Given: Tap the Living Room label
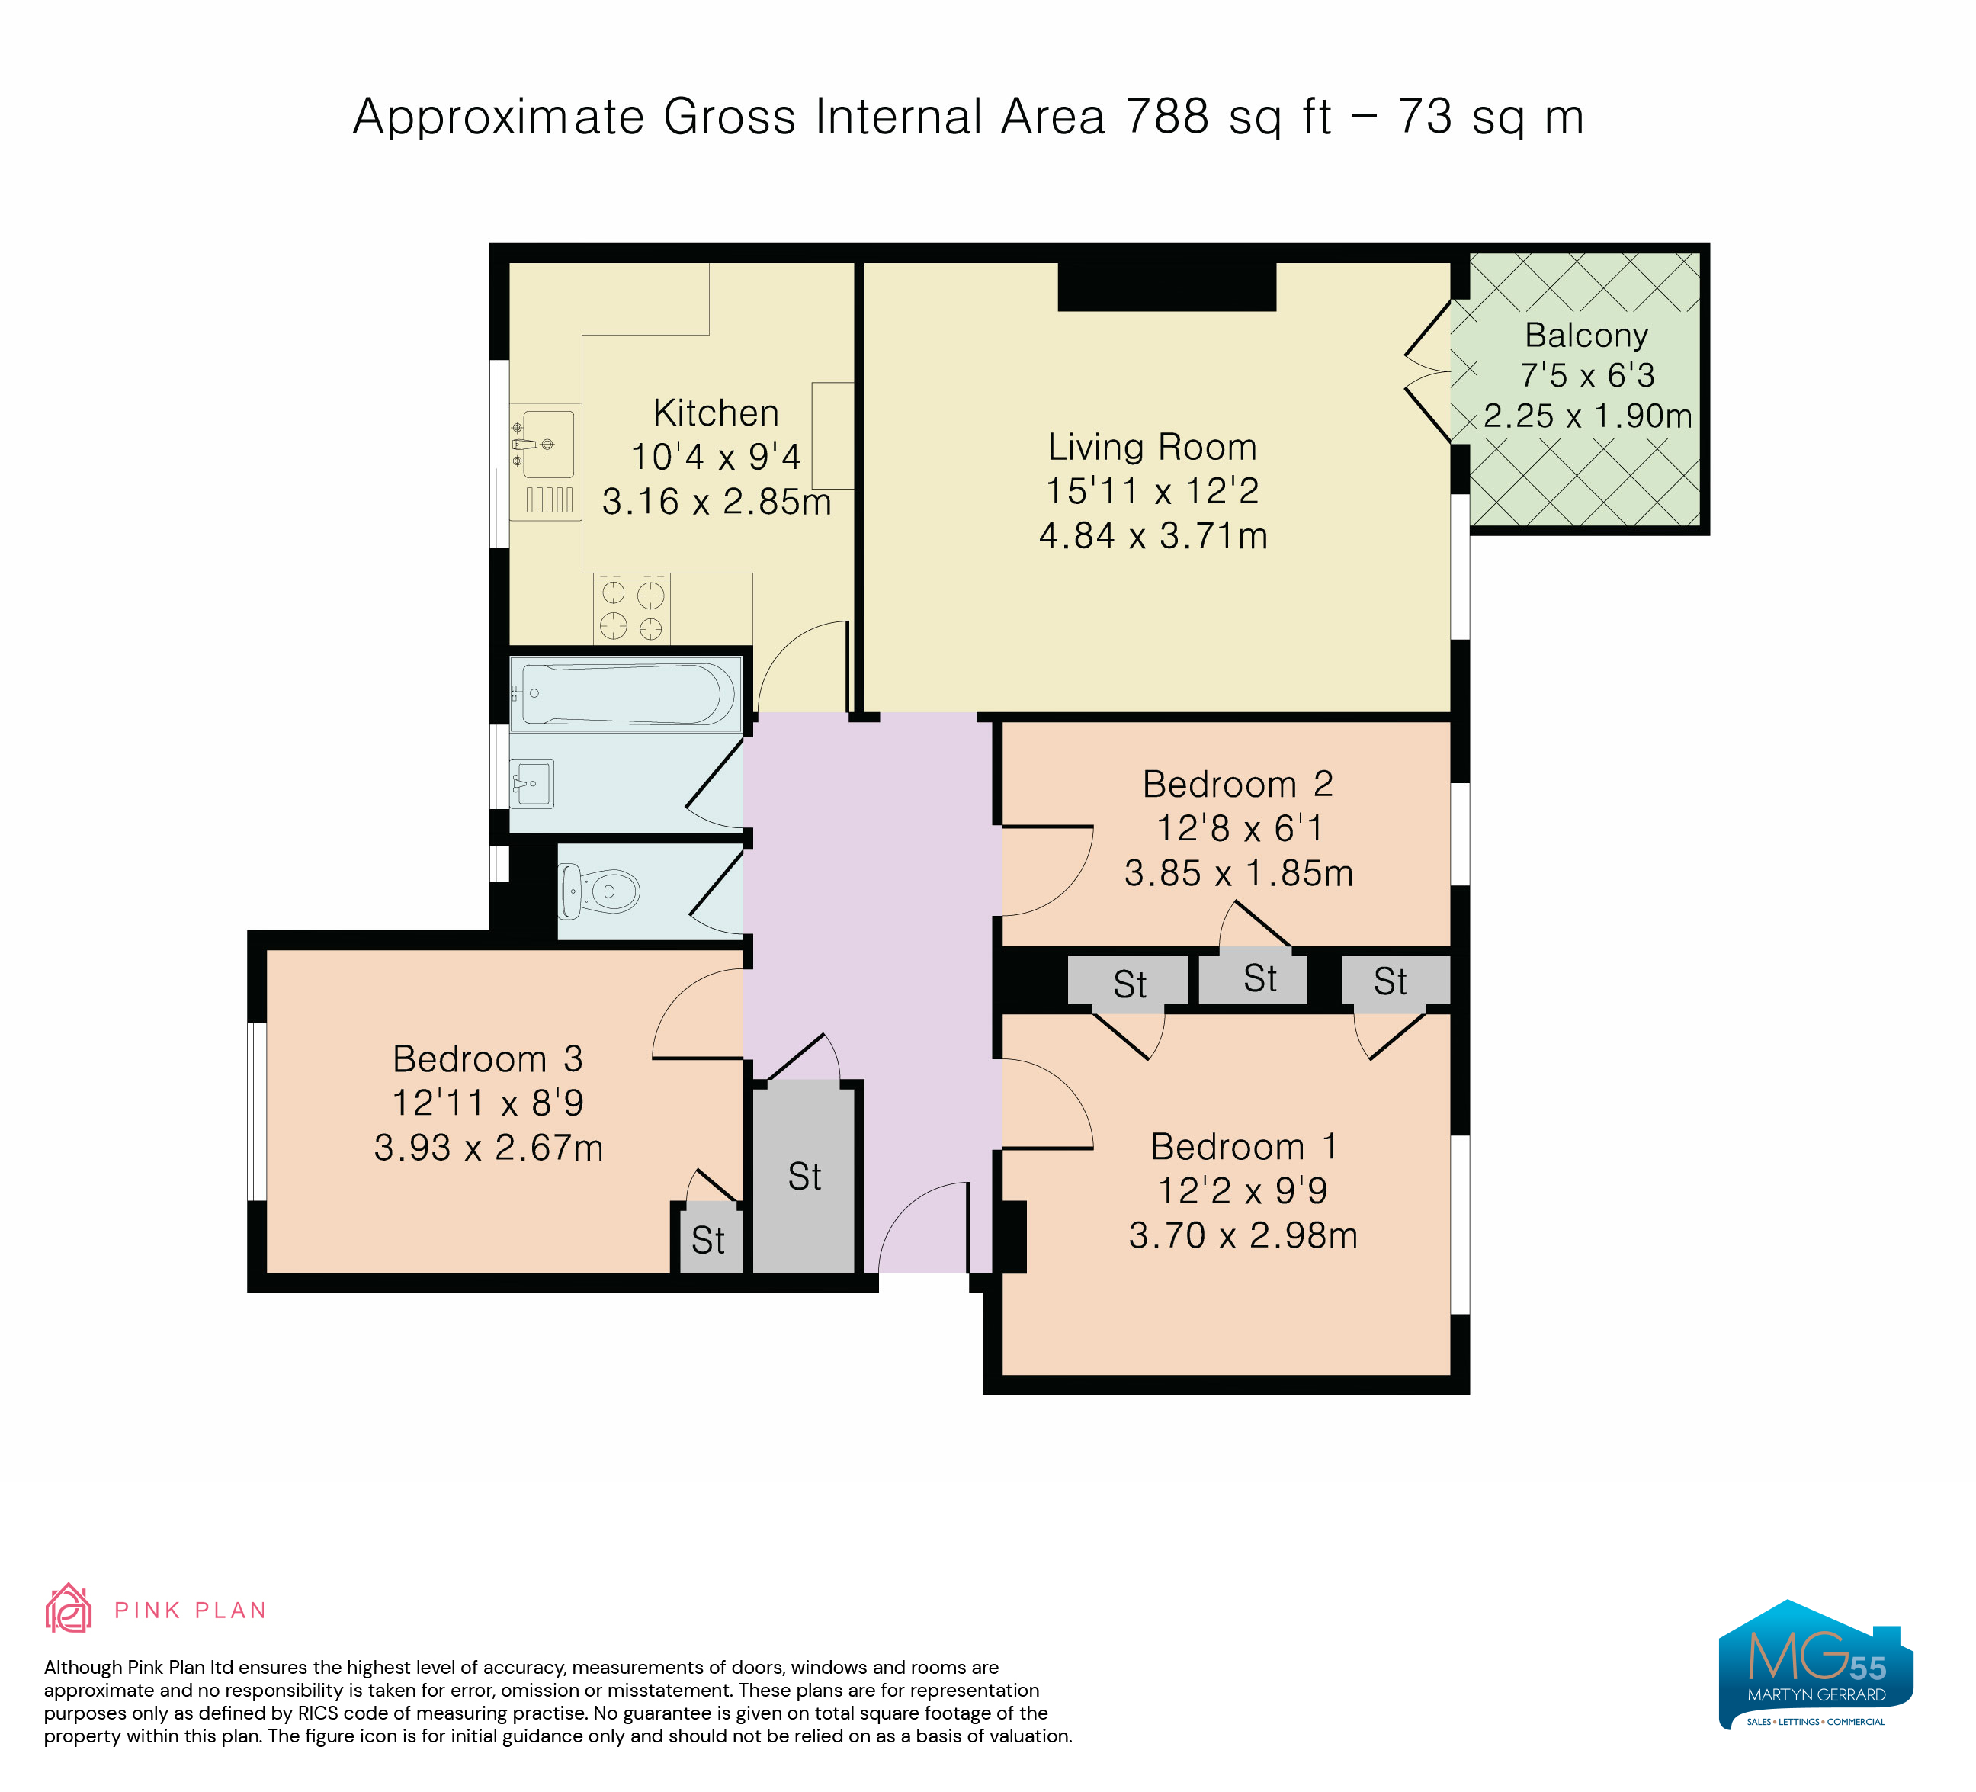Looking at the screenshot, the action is [x=1152, y=447].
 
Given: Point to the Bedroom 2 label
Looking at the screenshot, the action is [x=1237, y=784].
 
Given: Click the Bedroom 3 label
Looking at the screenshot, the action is [x=487, y=1058].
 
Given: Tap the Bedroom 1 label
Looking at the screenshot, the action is [x=1243, y=1146].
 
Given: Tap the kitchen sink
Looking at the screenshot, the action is [x=546, y=444].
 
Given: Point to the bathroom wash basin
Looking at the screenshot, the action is [x=532, y=783].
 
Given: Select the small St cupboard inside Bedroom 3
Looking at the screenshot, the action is [x=710, y=1240].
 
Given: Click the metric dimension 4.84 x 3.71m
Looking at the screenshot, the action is [x=1153, y=536].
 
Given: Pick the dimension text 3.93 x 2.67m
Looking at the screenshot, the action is [x=488, y=1148].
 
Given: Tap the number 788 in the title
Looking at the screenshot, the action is [x=1166, y=117].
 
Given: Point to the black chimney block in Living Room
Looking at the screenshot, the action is [x=1166, y=286].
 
